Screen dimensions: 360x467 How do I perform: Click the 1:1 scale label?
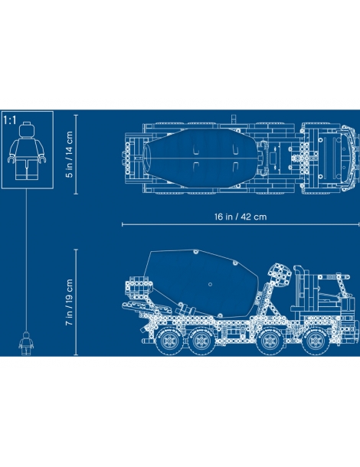pos(10,120)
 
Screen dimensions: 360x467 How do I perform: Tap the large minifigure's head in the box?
pos(27,129)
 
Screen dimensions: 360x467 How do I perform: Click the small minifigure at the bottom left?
pos(26,344)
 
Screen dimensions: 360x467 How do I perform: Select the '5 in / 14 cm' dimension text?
pos(69,155)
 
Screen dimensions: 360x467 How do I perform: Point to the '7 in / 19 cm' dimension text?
pos(69,302)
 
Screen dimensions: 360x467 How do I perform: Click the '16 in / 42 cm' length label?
pos(241,217)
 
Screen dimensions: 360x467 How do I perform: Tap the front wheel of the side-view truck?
pos(314,341)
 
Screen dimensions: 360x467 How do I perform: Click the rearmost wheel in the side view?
pos(169,341)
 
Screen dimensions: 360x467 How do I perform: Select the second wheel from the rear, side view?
pos(201,341)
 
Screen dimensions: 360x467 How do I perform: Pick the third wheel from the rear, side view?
pos(270,341)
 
